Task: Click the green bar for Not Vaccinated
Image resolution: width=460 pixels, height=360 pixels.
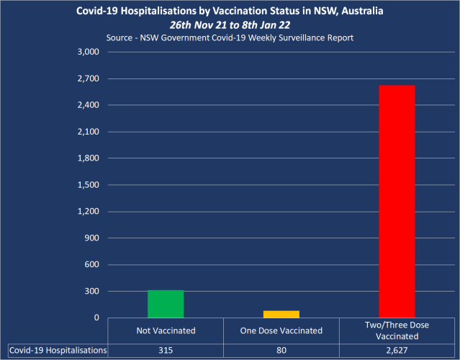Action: pos(166,304)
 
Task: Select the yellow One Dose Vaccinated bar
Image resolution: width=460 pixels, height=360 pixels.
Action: pos(281,314)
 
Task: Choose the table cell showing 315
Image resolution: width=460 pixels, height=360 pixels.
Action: pos(166,350)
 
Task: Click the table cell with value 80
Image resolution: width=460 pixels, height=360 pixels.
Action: pos(281,350)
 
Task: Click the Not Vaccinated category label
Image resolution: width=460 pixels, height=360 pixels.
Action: pos(166,330)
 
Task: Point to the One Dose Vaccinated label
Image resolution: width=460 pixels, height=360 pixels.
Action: pos(281,330)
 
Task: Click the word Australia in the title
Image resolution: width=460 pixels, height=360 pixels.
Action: pos(356,11)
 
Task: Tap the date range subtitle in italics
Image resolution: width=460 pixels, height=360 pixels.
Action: pos(230,24)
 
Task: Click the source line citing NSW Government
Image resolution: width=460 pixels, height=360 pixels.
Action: pos(229,37)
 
